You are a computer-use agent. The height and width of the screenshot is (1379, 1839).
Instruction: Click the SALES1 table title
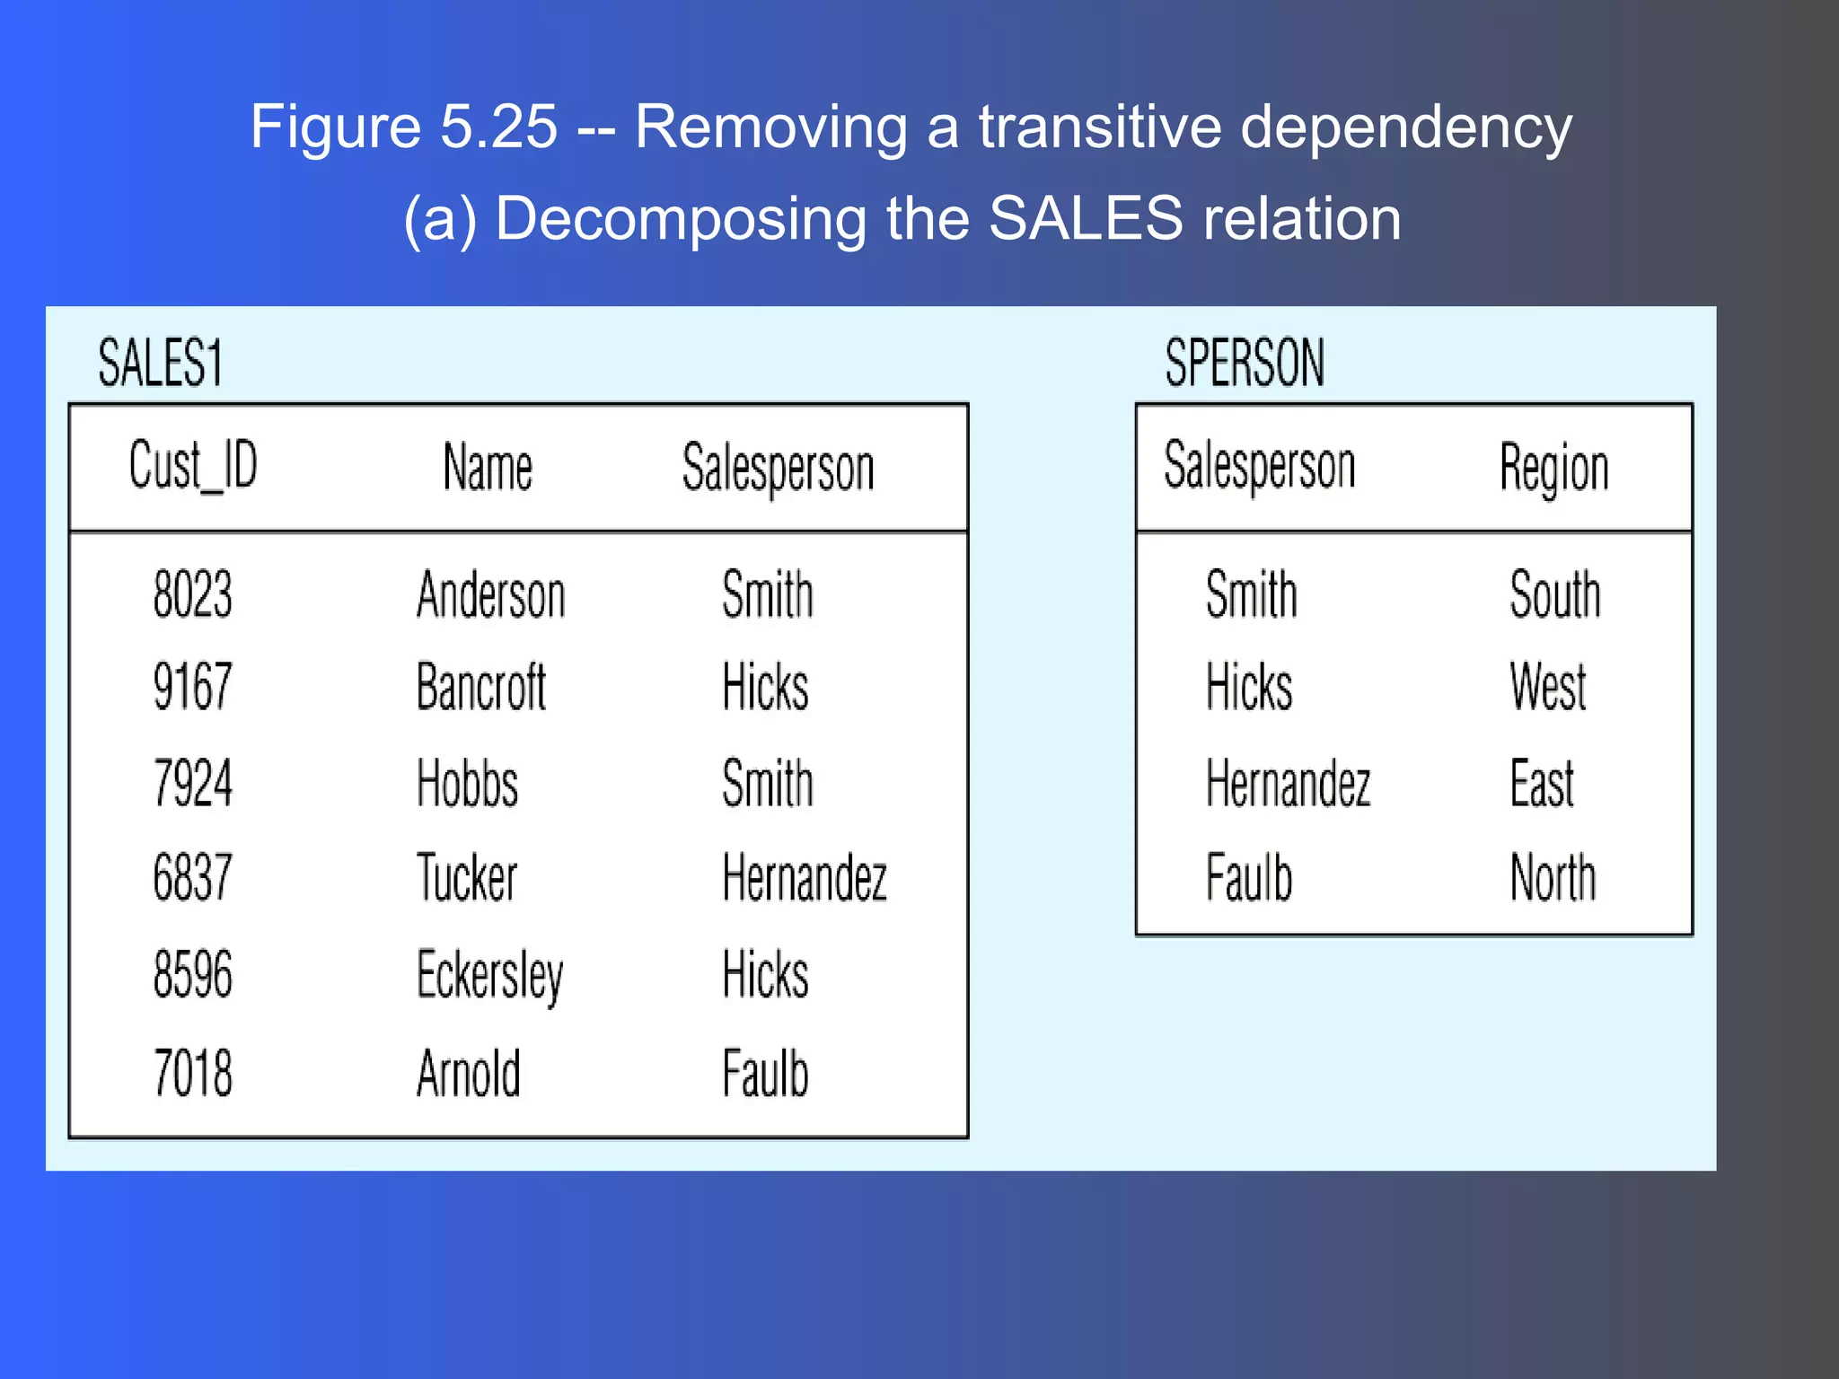[x=160, y=363]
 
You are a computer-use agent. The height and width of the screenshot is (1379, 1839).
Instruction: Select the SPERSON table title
[x=1244, y=363]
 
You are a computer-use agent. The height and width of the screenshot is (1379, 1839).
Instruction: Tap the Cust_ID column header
[x=193, y=467]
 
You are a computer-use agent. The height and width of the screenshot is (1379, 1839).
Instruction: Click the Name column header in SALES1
[x=488, y=468]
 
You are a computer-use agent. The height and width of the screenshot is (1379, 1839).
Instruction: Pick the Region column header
[x=1553, y=468]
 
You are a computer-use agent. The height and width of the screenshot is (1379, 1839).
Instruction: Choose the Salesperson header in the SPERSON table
[x=1259, y=467]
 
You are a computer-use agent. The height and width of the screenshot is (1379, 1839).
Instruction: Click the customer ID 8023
[x=192, y=594]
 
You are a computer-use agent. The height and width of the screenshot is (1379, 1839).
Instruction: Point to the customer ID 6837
[x=192, y=877]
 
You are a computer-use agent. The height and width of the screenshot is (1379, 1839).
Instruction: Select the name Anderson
[x=491, y=594]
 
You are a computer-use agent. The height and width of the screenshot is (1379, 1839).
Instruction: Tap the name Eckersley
[x=490, y=975]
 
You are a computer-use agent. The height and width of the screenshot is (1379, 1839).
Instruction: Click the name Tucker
[x=467, y=877]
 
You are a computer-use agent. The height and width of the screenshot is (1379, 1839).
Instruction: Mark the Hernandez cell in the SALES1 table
[x=805, y=877]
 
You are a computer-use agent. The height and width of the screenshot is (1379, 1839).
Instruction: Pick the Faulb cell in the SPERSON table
[x=1248, y=877]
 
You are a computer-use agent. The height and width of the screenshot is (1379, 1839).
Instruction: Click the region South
[x=1554, y=594]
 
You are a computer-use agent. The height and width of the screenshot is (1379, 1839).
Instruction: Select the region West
[x=1548, y=688]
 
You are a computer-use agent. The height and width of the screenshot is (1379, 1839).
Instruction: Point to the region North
[x=1553, y=877]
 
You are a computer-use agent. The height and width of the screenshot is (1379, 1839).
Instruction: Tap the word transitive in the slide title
[x=1099, y=127]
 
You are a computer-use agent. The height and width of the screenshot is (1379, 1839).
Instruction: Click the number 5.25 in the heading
[x=498, y=127]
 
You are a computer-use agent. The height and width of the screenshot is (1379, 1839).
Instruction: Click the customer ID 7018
[x=192, y=1073]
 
